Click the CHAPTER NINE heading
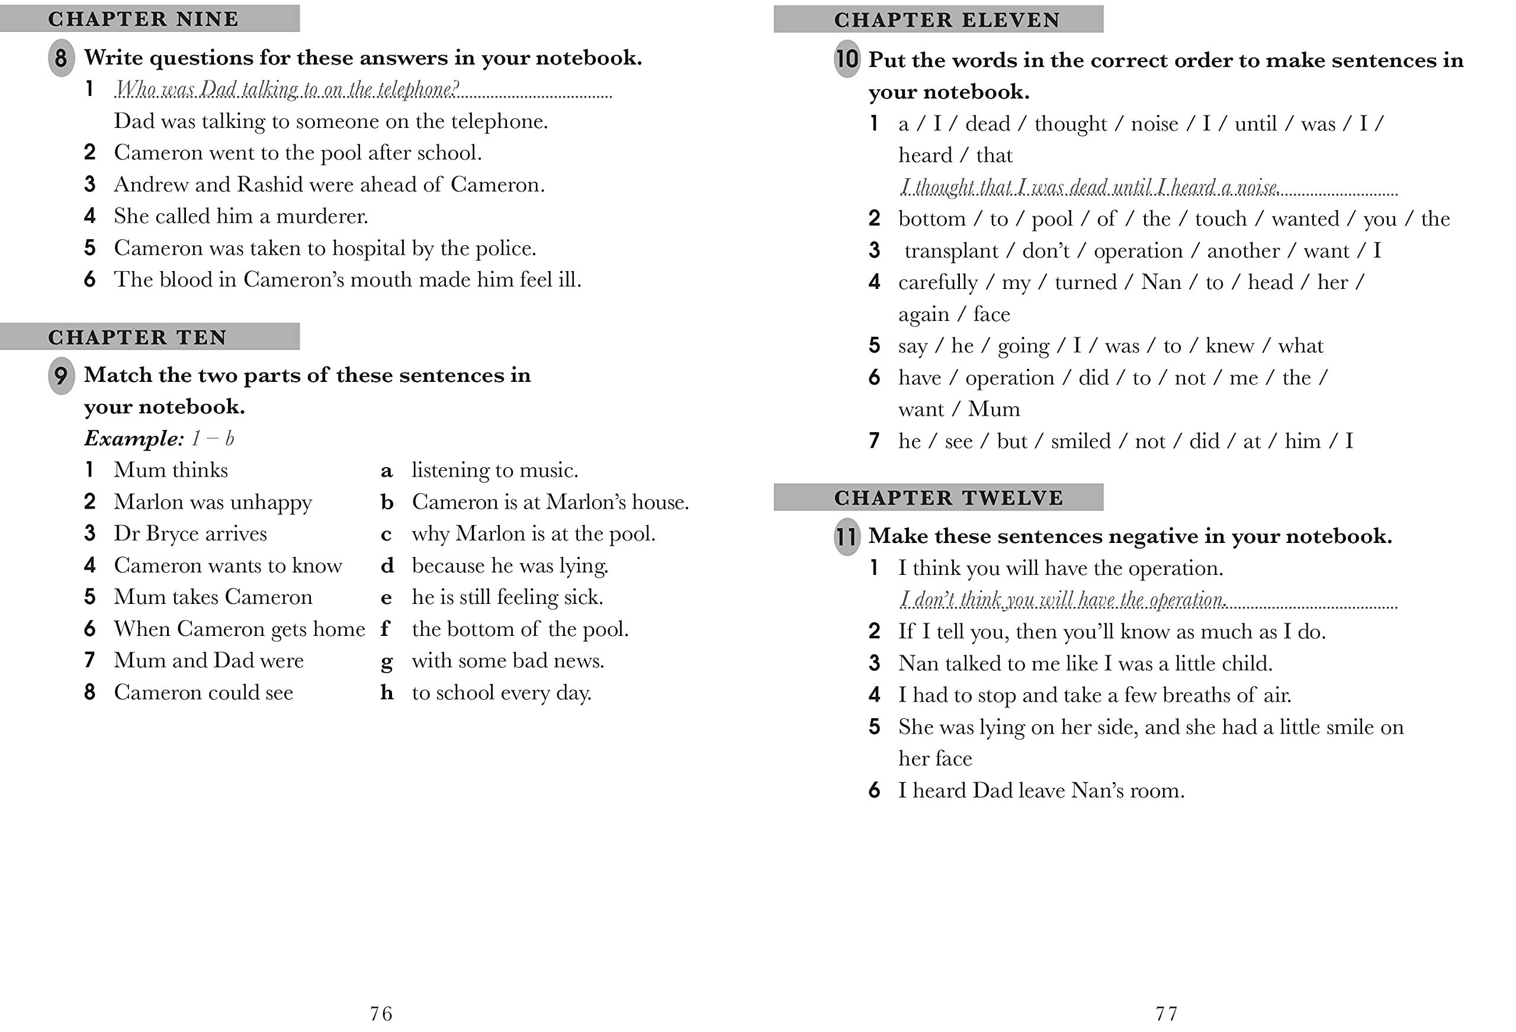coord(143,19)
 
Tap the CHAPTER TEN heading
coord(137,337)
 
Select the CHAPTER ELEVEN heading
coord(947,20)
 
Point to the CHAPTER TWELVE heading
coord(949,498)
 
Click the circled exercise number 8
coord(60,58)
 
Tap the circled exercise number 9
coord(60,376)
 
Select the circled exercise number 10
coord(847,59)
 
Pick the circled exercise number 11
coord(847,537)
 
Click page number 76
coord(381,1013)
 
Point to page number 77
coord(1167,1013)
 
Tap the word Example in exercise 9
coord(134,438)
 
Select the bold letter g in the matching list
coord(387,661)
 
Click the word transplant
coord(951,251)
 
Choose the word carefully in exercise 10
coord(938,282)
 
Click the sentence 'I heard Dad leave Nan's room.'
coord(1041,790)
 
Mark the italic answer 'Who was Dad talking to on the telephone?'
coord(287,89)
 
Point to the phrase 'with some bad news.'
coord(508,661)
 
